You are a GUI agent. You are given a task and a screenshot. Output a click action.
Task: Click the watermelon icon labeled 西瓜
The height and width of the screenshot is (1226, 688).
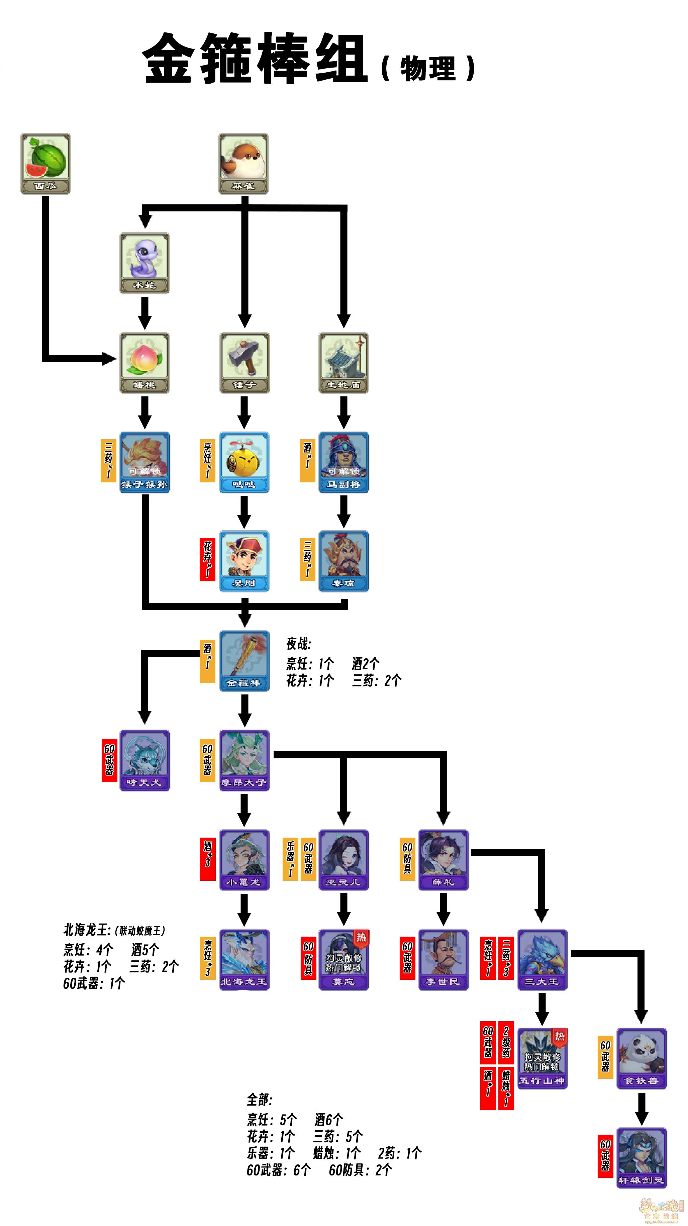pyautogui.click(x=46, y=163)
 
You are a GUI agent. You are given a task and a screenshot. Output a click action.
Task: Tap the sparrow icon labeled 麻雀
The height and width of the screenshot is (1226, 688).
pyautogui.click(x=243, y=163)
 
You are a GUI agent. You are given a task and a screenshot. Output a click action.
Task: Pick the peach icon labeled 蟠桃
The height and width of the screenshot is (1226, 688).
pyautogui.click(x=144, y=362)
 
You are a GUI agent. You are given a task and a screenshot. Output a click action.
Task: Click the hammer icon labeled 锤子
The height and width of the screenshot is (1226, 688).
pyautogui.click(x=244, y=362)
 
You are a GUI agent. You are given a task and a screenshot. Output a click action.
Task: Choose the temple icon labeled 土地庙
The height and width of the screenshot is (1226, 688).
pyautogui.click(x=343, y=362)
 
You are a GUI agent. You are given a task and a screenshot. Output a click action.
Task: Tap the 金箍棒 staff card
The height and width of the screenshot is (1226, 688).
pyautogui.click(x=244, y=661)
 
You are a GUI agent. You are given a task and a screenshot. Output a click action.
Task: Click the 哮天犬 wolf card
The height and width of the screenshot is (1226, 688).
pyautogui.click(x=144, y=760)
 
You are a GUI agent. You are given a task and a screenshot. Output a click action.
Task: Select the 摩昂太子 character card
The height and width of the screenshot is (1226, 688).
pyautogui.click(x=244, y=760)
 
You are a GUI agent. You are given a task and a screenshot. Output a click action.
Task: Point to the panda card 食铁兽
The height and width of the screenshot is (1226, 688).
pyautogui.click(x=642, y=1058)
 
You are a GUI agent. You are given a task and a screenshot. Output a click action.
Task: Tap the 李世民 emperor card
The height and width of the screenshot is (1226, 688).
pyautogui.click(x=443, y=959)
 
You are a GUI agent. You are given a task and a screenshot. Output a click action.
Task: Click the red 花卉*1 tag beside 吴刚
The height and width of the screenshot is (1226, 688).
pyautogui.click(x=207, y=559)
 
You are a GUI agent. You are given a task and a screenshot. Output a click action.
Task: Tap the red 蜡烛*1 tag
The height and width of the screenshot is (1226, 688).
pyautogui.click(x=506, y=1088)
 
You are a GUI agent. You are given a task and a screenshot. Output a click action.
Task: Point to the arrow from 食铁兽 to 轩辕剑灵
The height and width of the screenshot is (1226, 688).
pyautogui.click(x=642, y=1109)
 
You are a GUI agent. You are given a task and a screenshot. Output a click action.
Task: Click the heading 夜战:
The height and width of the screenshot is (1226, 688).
pyautogui.click(x=298, y=644)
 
